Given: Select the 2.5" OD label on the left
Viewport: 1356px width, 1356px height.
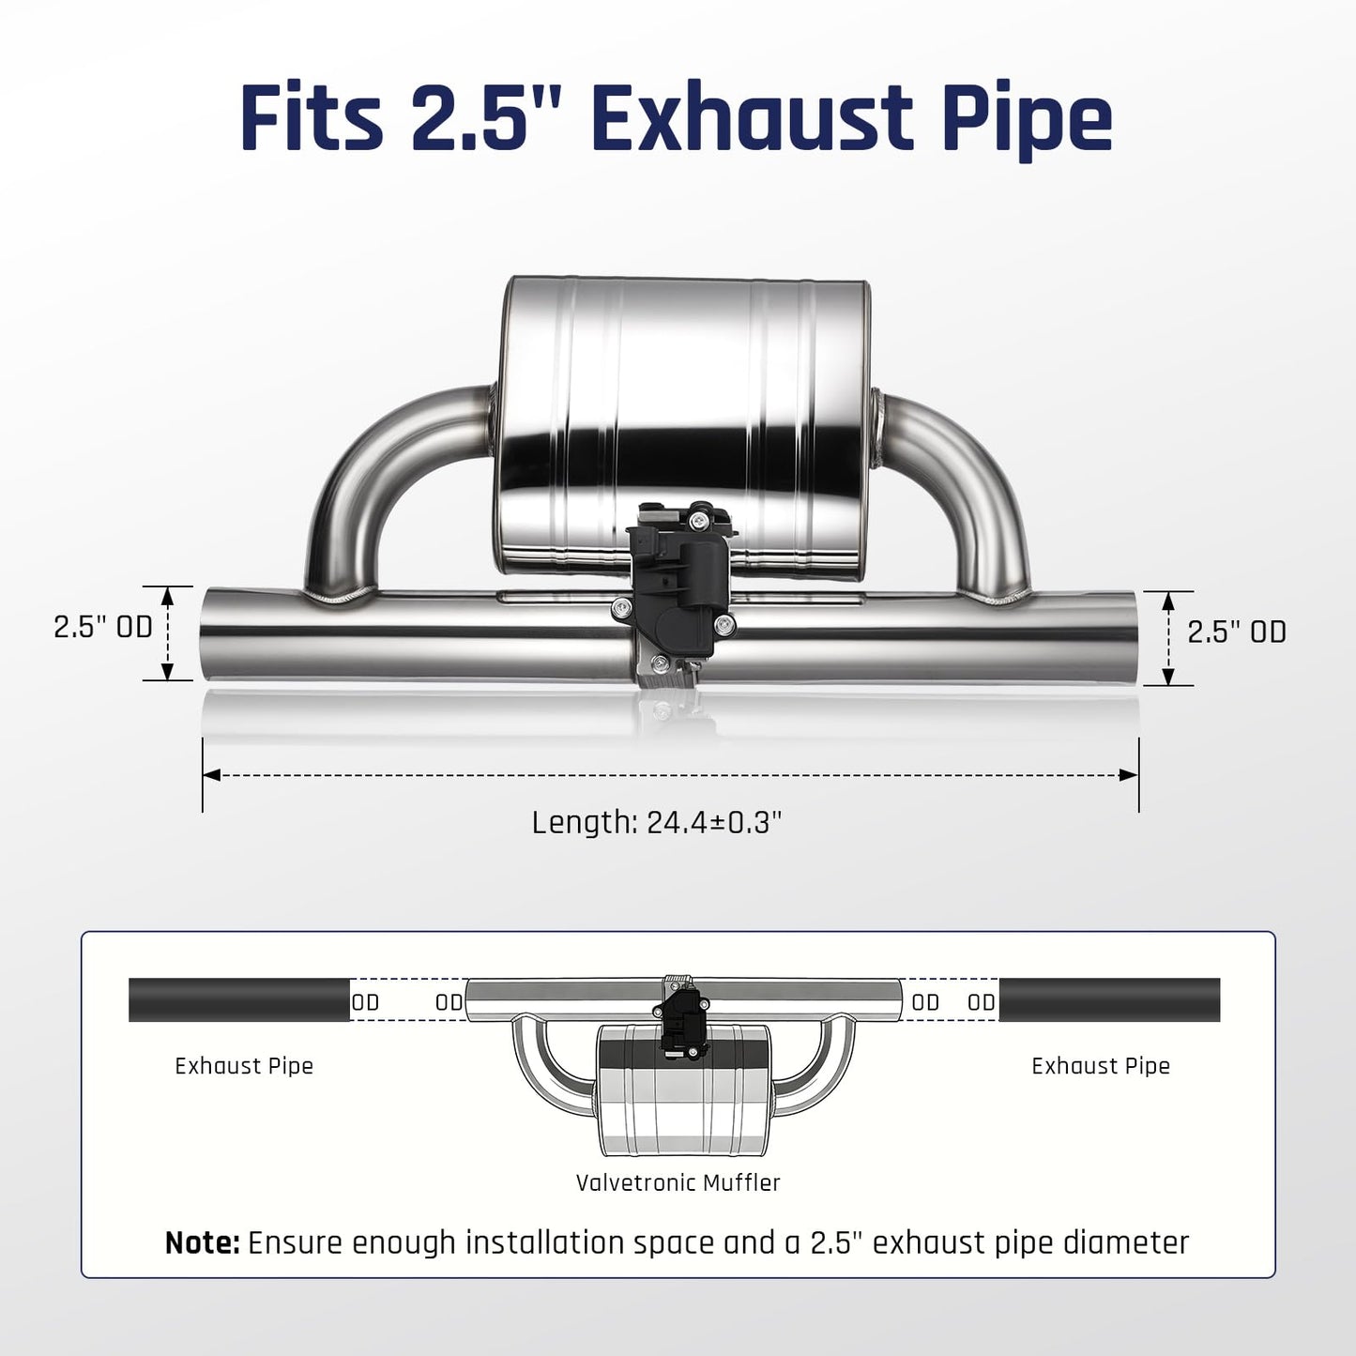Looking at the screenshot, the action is click(103, 628).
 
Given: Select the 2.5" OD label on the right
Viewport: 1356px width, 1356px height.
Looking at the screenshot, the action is click(1237, 632).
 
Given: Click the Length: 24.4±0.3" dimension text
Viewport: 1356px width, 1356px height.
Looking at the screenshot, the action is click(657, 823).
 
